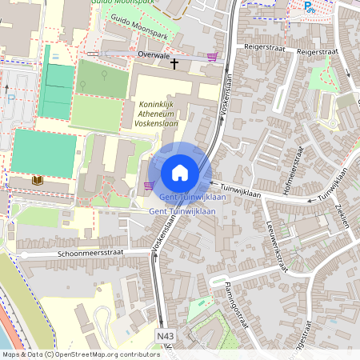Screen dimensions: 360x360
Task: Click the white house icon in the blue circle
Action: click(180, 172)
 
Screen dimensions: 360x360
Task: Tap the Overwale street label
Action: click(154, 57)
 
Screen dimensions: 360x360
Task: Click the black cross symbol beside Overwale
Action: click(174, 62)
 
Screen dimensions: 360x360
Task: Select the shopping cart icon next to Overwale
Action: click(212, 57)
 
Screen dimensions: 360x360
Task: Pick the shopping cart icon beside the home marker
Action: click(148, 186)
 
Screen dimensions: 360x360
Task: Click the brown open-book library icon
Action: click(37, 181)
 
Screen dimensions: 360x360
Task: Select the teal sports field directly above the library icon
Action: click(44, 152)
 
